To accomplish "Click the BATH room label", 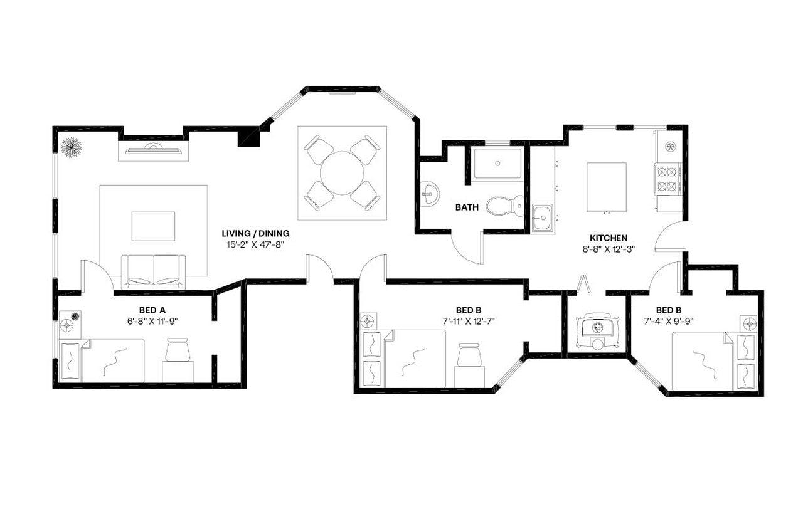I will pos(467,207).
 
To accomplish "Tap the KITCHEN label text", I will pos(609,238).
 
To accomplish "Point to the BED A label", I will pos(153,310).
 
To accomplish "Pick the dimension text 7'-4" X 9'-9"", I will pos(669,322).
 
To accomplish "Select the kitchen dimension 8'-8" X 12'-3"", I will pos(609,249).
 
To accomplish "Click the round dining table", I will pos(342,173).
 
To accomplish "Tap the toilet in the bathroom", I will pos(506,205).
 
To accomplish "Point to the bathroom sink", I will pos(430,194).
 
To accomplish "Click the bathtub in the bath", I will pos(497,163).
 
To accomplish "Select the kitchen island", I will pos(606,187).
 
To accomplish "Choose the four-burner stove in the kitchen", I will pos(668,178).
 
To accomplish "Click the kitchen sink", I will pos(541,219).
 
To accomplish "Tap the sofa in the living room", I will pos(153,271).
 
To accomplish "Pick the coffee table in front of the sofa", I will pos(153,226).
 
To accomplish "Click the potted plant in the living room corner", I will pos(71,147).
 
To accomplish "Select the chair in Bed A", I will pos(178,350).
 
